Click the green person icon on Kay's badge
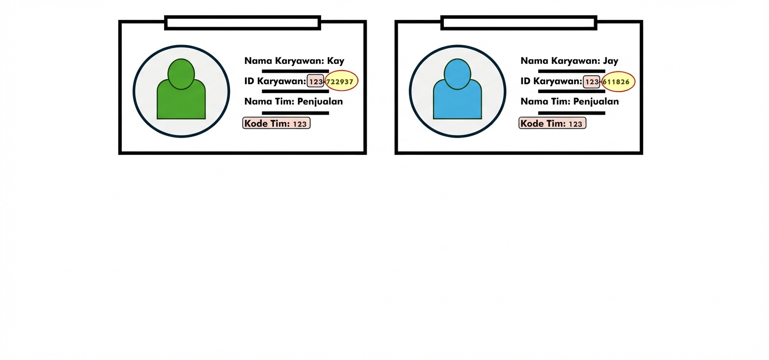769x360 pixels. [181, 92]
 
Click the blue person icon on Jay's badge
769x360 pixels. [457, 92]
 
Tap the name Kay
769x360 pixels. [335, 61]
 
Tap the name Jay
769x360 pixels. [610, 61]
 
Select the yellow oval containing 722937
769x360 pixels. [341, 81]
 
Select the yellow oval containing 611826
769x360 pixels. [618, 81]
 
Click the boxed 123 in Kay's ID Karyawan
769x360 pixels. [315, 81]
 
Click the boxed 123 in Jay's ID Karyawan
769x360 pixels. [592, 81]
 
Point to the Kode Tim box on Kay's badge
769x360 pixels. [276, 123]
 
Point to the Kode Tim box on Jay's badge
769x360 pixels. [552, 123]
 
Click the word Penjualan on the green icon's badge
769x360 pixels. [320, 101]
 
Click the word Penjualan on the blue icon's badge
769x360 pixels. [596, 101]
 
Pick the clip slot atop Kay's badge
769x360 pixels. [242, 23]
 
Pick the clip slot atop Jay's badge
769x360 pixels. [518, 23]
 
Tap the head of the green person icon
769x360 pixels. [181, 74]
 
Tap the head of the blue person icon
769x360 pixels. [457, 74]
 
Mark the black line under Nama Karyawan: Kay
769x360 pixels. [295, 71]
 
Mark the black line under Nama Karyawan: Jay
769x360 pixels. [571, 71]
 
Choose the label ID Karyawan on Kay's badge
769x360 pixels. [275, 81]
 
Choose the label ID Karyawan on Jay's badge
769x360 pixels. [551, 81]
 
